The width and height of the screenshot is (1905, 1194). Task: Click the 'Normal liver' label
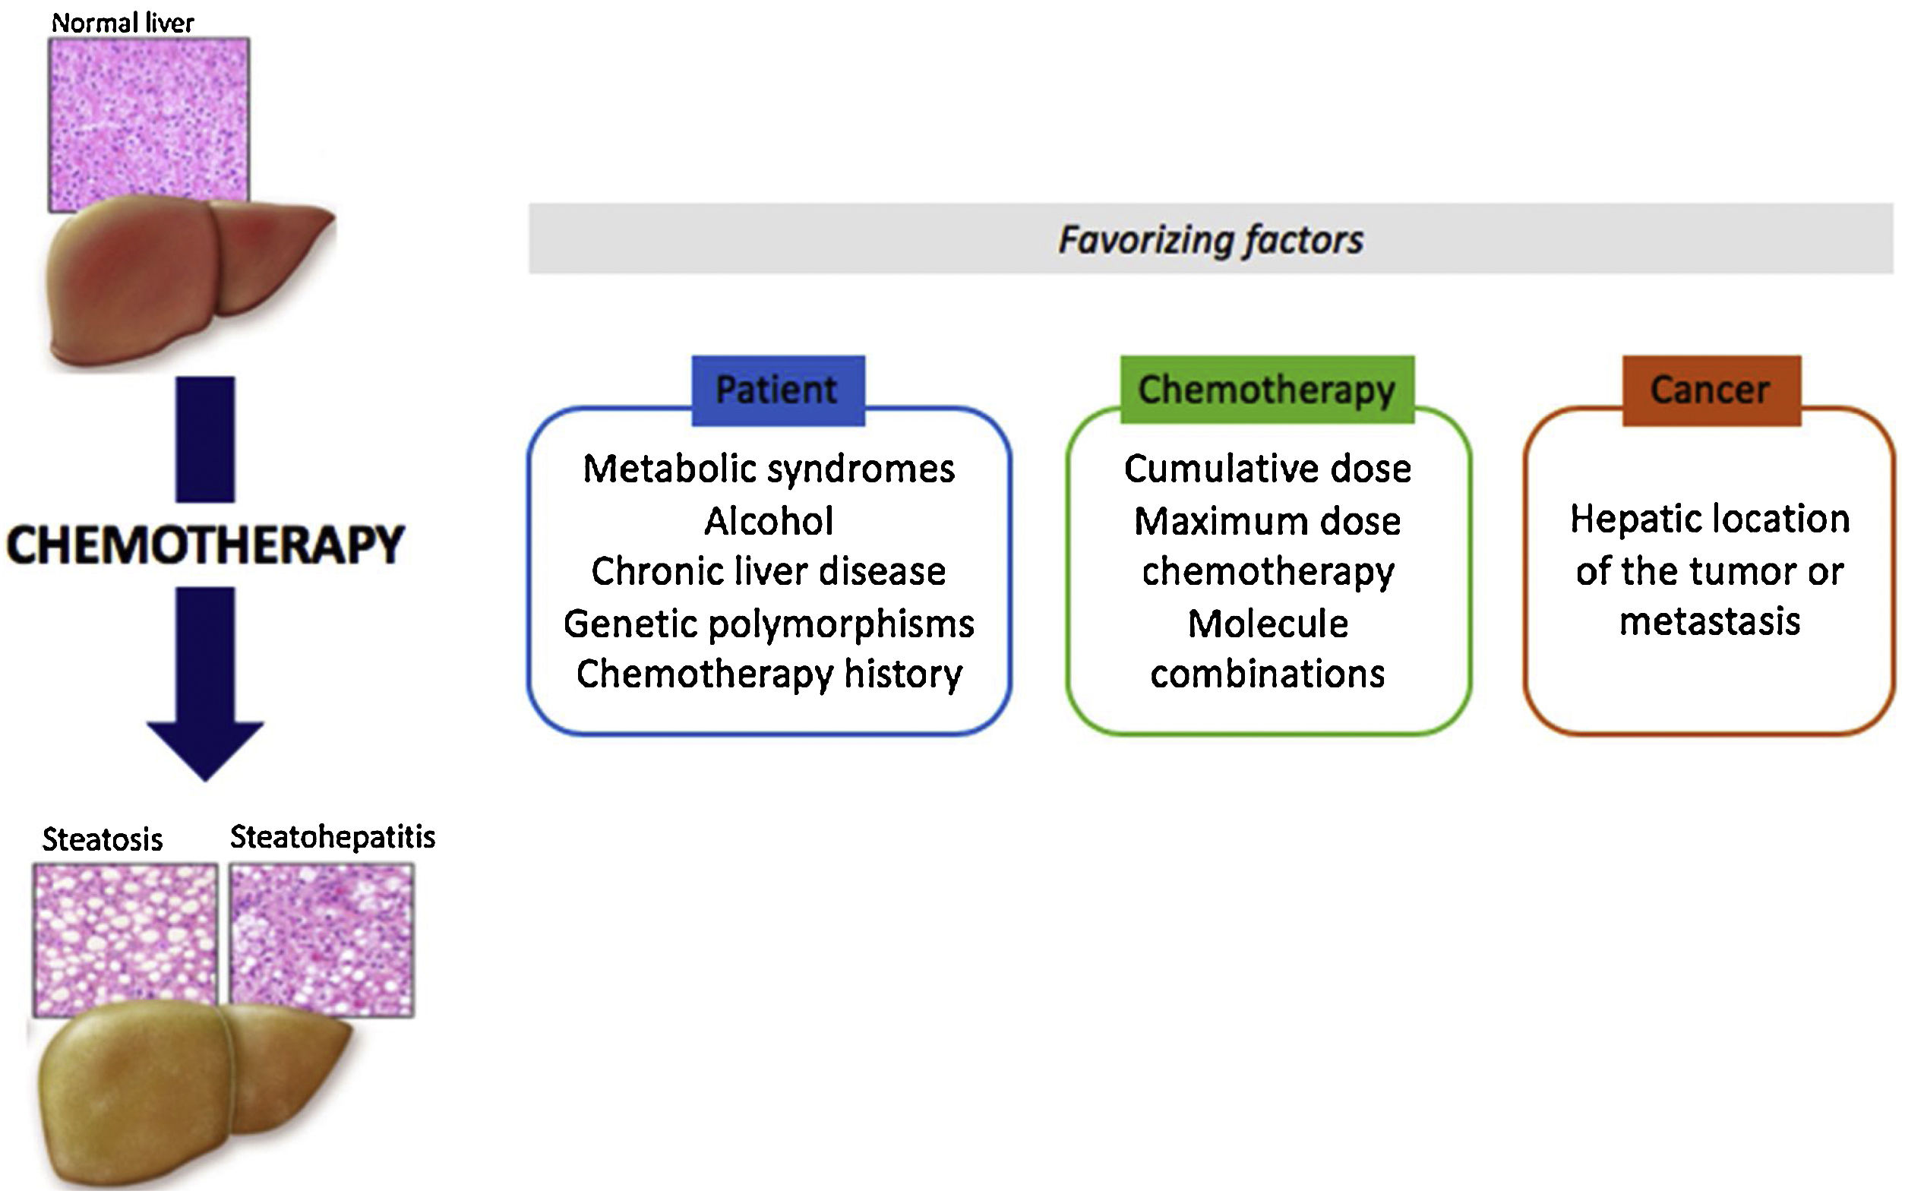tap(122, 23)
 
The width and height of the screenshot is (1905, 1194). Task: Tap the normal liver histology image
tap(149, 118)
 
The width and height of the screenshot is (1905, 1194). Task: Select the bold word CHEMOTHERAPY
tap(205, 545)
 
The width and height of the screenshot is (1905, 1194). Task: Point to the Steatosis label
tap(103, 839)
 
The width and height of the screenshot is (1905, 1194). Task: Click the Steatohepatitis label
tap(333, 837)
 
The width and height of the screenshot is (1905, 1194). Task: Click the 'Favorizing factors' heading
tap(1210, 239)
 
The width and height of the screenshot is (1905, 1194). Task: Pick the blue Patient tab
tap(778, 390)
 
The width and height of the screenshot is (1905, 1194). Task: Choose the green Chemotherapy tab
tap(1266, 390)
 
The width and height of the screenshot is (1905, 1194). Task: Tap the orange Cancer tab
tap(1711, 390)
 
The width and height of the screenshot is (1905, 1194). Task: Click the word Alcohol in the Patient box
tap(768, 521)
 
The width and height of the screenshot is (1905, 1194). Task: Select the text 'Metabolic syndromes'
tap(768, 469)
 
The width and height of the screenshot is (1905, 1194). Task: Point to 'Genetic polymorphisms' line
tap(768, 624)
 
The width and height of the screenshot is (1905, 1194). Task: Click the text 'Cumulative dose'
tap(1267, 469)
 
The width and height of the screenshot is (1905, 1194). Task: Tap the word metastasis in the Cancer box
tap(1709, 621)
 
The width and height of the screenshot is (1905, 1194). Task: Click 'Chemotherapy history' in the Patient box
tap(768, 674)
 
